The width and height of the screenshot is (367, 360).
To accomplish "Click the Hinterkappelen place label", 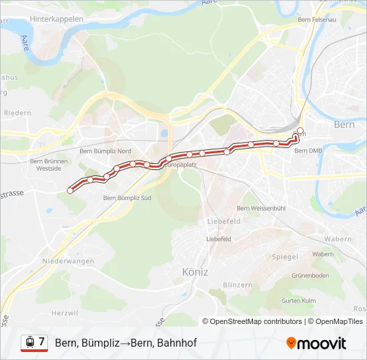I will (x=57, y=19).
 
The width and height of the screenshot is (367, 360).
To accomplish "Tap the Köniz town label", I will (x=195, y=272).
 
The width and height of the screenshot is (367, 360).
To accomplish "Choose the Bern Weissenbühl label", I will (x=261, y=209).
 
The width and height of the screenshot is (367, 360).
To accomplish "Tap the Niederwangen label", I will (x=67, y=261).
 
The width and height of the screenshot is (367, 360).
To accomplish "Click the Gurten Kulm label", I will (x=299, y=301).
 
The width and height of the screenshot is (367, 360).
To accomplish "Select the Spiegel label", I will (x=285, y=257).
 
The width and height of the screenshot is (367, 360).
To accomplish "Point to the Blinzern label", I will (x=238, y=285).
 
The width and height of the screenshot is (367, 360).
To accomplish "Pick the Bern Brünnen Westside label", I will (x=49, y=165).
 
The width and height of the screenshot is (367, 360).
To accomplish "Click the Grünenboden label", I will (x=310, y=275).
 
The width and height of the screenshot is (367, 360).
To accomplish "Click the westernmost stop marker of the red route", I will (x=70, y=191).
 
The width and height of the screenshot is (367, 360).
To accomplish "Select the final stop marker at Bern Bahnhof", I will (x=300, y=130).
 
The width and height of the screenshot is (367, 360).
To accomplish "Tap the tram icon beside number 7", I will (x=29, y=343).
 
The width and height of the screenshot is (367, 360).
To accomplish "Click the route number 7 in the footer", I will (x=41, y=342).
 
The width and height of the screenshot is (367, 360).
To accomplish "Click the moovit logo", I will (x=316, y=343).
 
